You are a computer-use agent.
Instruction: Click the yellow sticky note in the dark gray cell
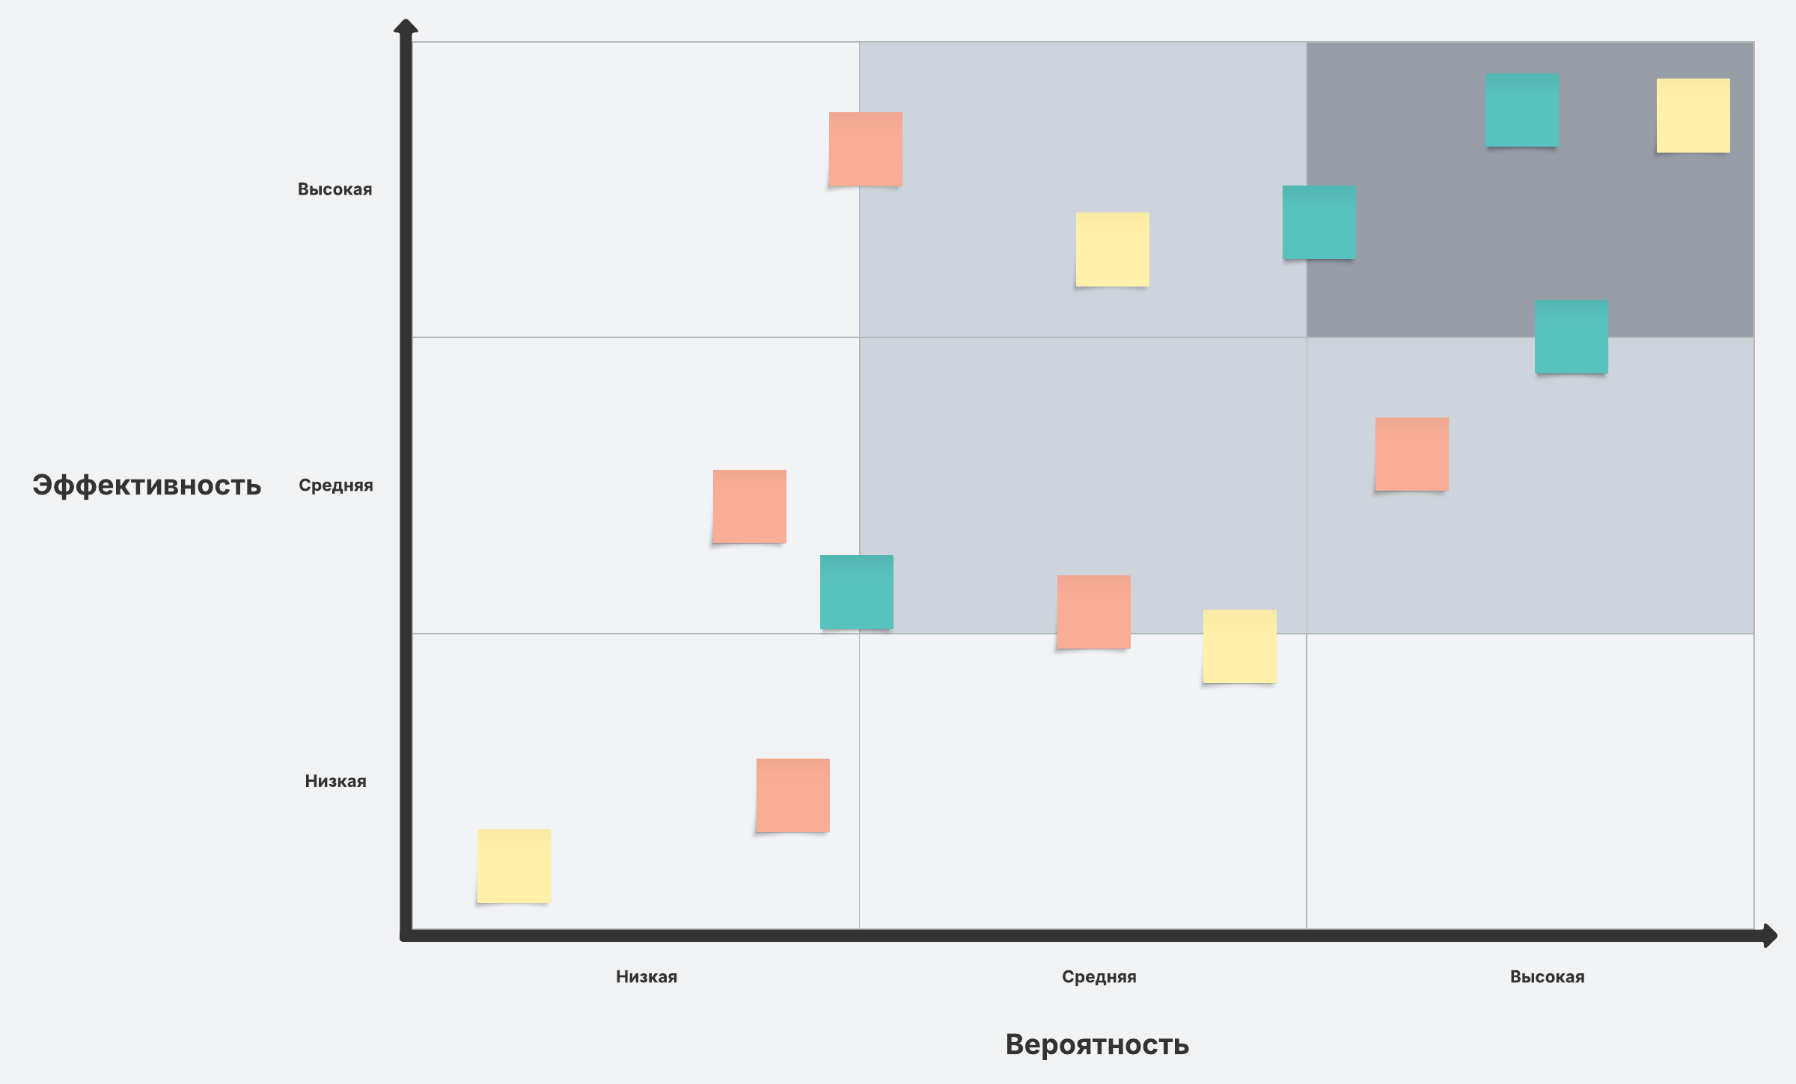coord(1693,115)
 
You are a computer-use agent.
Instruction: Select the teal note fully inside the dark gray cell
coord(1522,109)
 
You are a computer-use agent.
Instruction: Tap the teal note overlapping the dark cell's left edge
coord(1319,222)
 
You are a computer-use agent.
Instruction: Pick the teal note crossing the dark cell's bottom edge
coord(1571,337)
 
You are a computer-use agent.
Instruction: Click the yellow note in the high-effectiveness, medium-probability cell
coord(1112,249)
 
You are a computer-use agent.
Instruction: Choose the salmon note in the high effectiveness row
coord(865,149)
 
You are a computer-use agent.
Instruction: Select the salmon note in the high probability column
coord(1411,454)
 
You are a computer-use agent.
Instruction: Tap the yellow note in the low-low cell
coord(514,866)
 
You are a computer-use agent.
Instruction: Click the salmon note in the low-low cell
coord(792,795)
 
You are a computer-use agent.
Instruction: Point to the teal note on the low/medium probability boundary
coord(857,592)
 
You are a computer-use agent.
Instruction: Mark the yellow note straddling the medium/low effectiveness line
coord(1239,646)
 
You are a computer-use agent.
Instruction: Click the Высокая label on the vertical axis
coord(335,189)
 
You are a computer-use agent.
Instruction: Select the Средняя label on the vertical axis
coord(335,486)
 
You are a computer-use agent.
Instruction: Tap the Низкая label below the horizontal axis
coord(647,976)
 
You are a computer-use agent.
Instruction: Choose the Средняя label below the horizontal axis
coord(1099,976)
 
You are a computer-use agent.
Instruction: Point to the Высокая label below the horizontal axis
coord(1547,976)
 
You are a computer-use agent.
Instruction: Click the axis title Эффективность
coord(147,486)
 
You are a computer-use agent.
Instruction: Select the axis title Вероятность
coord(1097,1044)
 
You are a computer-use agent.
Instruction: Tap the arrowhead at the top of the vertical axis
coord(406,27)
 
